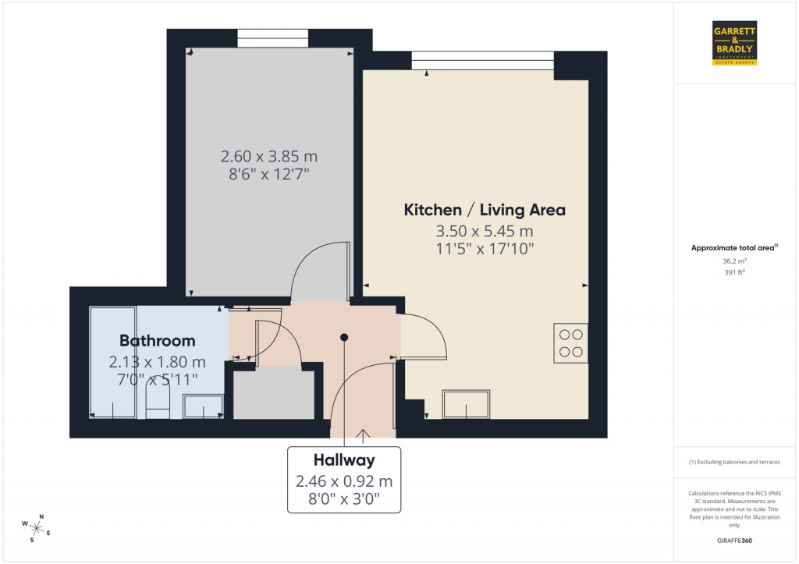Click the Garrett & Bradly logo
(x=734, y=43)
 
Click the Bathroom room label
(x=157, y=341)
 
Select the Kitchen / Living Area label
(x=484, y=210)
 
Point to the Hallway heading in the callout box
(x=344, y=460)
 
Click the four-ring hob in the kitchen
(x=570, y=342)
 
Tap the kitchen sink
(x=466, y=404)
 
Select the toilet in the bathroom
(x=158, y=403)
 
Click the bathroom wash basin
(x=203, y=406)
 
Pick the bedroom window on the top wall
(x=272, y=38)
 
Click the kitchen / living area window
(x=482, y=60)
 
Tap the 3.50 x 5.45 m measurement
(x=484, y=232)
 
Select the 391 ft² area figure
(x=734, y=273)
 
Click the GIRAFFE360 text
(x=734, y=540)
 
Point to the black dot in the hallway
(x=344, y=337)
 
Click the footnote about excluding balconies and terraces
(x=734, y=462)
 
